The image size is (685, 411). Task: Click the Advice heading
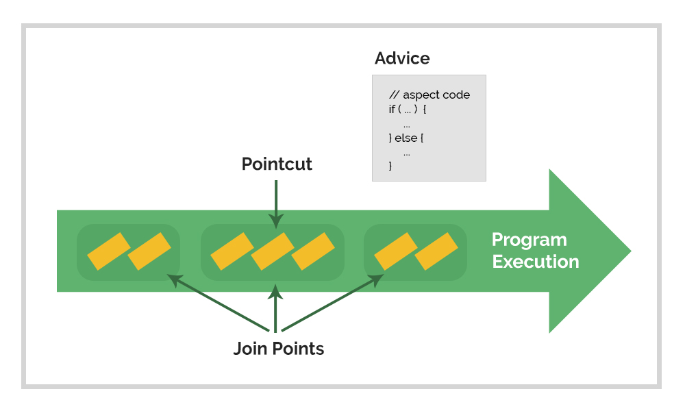click(402, 58)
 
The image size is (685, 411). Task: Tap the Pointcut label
click(277, 164)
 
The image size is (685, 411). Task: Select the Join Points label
click(278, 349)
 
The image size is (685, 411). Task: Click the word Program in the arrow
click(529, 240)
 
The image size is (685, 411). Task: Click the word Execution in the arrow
click(535, 262)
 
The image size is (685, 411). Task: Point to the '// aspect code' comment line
click(429, 95)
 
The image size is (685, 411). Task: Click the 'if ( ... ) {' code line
click(408, 110)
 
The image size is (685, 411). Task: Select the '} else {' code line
click(406, 138)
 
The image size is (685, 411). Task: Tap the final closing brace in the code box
click(390, 166)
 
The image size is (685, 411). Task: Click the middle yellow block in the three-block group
click(272, 251)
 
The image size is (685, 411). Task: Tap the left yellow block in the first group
click(108, 251)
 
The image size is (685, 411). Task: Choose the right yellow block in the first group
click(149, 251)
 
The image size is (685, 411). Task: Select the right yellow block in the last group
click(436, 251)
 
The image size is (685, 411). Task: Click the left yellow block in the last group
click(395, 251)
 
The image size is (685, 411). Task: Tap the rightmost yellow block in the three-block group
click(313, 251)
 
